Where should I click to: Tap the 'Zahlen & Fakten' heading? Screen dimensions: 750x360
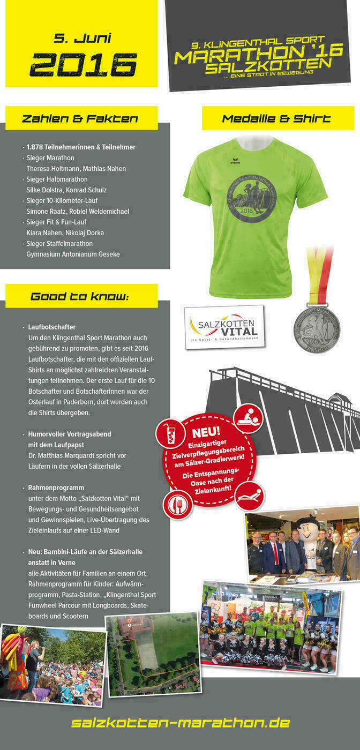pos(80,118)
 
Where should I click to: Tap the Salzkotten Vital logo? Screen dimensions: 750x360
pos(224,326)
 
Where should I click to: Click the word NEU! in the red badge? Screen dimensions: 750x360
pos(206,432)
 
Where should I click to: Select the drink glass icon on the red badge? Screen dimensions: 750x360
pos(170,433)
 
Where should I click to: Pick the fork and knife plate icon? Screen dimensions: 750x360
pos(177,504)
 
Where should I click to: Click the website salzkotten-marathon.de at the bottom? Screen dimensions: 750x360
pos(180,723)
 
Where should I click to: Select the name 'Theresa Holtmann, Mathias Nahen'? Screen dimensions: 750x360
pos(76,169)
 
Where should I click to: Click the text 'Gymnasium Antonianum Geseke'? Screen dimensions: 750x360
pos(73,254)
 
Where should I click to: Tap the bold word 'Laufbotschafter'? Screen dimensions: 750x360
pos(52,327)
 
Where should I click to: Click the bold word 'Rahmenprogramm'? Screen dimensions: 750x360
pos(56,487)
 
